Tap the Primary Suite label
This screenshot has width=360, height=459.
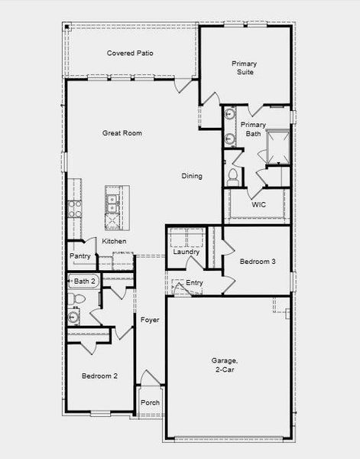pos(245,67)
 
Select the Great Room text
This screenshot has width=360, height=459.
pos(122,133)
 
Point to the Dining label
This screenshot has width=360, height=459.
pos(192,177)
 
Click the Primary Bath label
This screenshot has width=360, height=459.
pos(253,129)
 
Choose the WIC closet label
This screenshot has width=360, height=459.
pos(259,204)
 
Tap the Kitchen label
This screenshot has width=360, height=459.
pos(115,241)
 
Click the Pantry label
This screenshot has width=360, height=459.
pos(80,256)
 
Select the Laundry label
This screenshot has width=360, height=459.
pos(186,252)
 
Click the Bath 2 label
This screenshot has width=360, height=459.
pos(84,282)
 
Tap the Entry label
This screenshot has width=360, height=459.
pos(195,283)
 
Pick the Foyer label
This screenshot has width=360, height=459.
pos(150,320)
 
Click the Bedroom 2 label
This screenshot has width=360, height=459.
pos(99,376)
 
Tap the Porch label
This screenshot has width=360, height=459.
pos(151,403)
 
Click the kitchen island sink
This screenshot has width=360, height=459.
pos(112,203)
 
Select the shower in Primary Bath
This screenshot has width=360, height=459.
pos(275,147)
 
